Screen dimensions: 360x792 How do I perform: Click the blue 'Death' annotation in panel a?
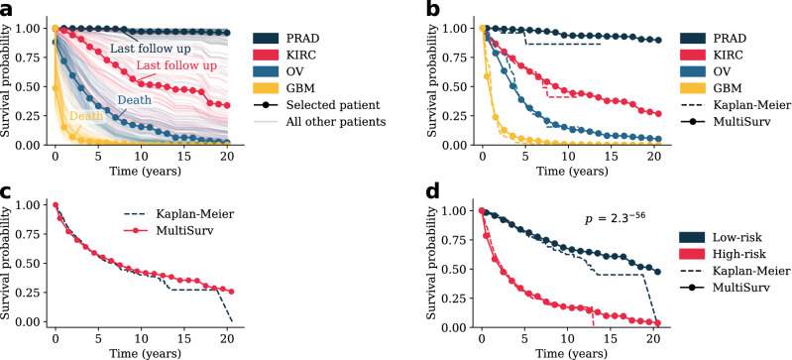(135, 100)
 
